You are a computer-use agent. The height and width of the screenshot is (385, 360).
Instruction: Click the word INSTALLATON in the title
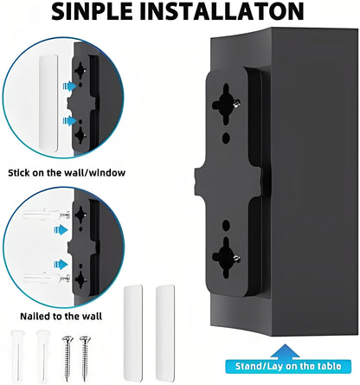coord(233,12)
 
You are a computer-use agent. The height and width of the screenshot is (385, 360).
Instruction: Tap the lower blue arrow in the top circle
coord(65,122)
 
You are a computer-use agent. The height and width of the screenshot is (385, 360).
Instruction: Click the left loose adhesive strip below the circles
coord(132,318)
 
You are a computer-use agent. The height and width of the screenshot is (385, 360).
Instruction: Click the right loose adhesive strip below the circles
coord(161,318)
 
